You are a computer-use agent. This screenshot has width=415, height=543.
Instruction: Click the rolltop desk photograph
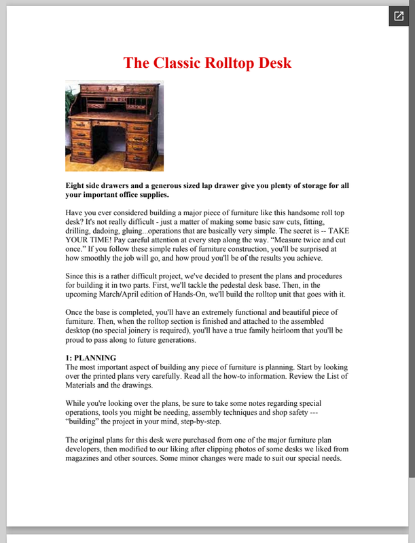[x=114, y=126]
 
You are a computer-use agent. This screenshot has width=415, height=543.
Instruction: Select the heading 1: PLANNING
[x=91, y=358]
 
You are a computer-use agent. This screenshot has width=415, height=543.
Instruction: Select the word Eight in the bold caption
[x=76, y=186]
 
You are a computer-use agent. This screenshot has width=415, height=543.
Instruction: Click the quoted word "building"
[x=84, y=421]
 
